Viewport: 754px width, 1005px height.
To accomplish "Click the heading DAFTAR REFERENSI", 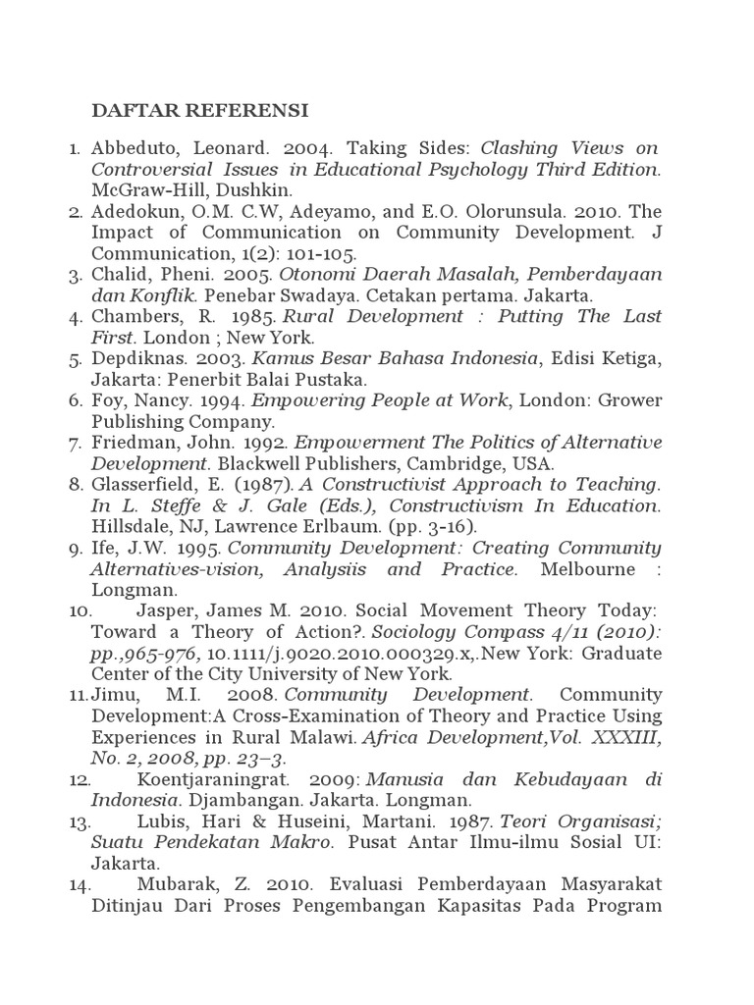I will [199, 108].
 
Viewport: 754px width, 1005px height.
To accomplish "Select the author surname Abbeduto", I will [134, 148].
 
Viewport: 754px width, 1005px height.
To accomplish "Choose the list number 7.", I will [75, 443].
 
